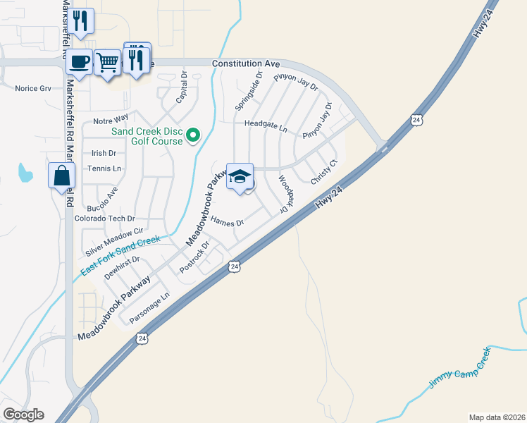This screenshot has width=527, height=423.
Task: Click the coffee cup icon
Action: point(79,61)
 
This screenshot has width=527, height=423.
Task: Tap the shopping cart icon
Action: point(107,62)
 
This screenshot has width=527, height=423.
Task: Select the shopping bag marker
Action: point(61,176)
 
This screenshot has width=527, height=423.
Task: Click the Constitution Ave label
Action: point(247,63)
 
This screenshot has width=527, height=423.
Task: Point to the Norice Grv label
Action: point(33,88)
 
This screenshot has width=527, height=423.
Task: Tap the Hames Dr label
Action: point(227,223)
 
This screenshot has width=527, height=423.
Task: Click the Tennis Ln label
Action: point(104,168)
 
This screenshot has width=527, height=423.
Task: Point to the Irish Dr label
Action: point(104,153)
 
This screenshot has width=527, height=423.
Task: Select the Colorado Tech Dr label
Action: point(104,219)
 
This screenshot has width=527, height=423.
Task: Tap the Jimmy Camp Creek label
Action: point(459,369)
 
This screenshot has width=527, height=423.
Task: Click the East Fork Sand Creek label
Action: point(120,257)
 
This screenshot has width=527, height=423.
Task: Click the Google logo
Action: point(23,415)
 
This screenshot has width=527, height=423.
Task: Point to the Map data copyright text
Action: point(497,417)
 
